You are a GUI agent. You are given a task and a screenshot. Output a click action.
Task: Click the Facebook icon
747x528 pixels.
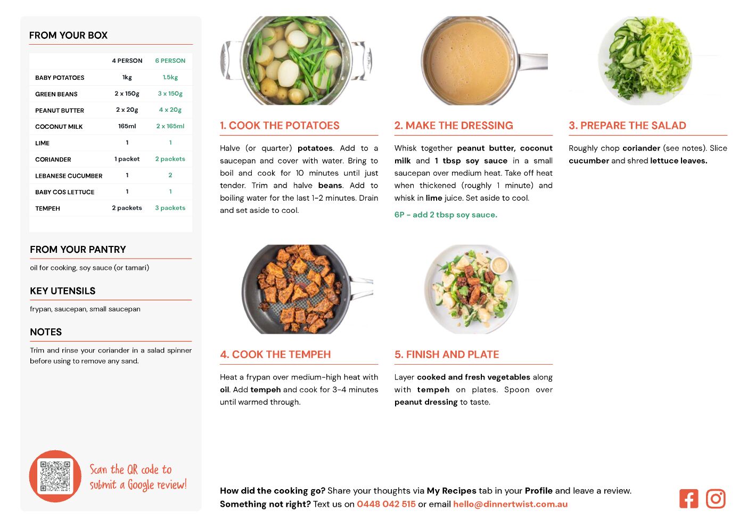[x=688, y=499]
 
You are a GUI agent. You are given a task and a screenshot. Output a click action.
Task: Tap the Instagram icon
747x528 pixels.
[x=716, y=499]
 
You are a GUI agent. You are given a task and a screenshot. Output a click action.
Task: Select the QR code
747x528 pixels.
[x=55, y=476]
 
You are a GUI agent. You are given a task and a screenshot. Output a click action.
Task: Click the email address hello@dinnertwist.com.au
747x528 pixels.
[x=510, y=504]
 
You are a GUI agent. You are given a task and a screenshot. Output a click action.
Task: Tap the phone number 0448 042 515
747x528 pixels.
[x=386, y=504]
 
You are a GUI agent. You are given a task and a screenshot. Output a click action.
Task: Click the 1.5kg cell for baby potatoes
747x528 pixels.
[x=170, y=77]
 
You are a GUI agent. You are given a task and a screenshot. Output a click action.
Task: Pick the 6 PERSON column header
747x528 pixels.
[x=170, y=61]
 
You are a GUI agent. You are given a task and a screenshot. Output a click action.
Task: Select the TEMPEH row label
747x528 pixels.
[x=48, y=208]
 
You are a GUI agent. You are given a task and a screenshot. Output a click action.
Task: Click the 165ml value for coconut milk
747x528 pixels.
[x=127, y=126]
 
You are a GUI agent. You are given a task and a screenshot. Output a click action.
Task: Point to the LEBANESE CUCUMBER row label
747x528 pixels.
[x=69, y=176]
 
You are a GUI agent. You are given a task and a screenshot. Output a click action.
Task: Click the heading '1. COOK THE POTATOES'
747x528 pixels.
[x=280, y=125]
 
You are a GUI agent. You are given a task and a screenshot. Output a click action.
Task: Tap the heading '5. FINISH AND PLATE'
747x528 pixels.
[x=447, y=354]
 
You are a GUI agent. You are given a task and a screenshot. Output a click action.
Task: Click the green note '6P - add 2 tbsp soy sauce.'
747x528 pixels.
[x=446, y=214]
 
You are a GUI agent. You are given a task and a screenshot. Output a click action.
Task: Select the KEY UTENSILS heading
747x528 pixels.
[x=63, y=291]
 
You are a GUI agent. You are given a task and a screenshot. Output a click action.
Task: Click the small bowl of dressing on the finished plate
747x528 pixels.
[x=499, y=266]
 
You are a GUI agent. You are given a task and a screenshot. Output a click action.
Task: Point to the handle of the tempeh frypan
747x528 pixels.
[x=362, y=287]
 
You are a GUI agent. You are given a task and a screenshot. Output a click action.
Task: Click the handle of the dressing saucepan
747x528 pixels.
[x=533, y=61]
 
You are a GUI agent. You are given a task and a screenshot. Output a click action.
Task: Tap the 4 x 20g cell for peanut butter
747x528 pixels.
[x=170, y=110]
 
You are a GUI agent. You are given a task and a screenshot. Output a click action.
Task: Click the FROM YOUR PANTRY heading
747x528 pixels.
[x=78, y=249]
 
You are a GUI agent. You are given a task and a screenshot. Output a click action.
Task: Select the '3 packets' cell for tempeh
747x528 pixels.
[x=170, y=208]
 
